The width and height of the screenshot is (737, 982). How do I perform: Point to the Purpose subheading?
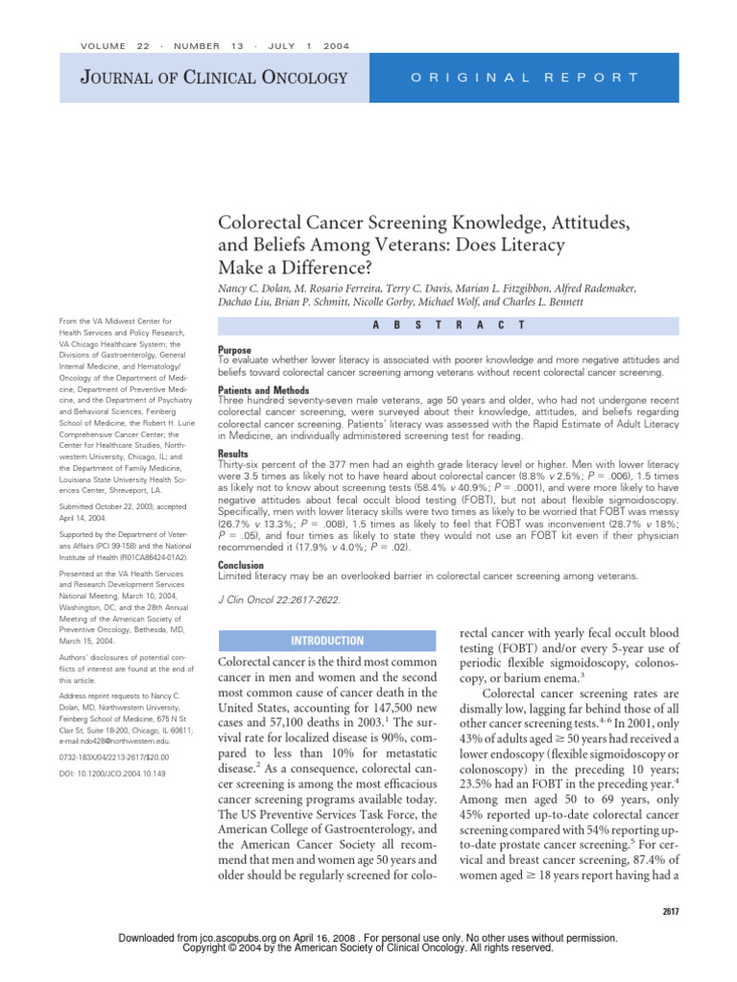tap(236, 351)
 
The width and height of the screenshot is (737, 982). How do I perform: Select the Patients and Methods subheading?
tap(264, 391)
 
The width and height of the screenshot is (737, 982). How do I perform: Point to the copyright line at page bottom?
tap(368, 947)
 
